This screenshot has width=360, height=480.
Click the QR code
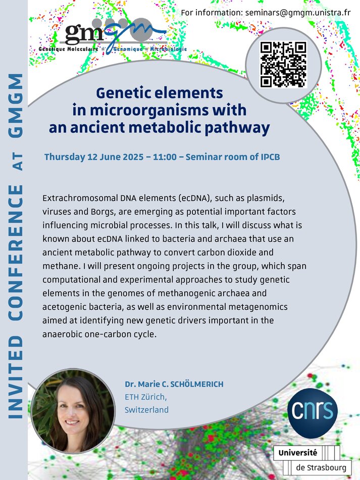pyautogui.click(x=283, y=65)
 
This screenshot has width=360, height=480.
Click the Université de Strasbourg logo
pyautogui.click(x=312, y=460)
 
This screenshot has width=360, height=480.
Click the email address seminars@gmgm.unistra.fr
pyautogui.click(x=298, y=13)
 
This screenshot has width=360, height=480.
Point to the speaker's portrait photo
pyautogui.click(x=73, y=411)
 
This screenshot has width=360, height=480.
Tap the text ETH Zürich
pyautogui.click(x=145, y=397)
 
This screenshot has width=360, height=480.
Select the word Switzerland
pyautogui.click(x=146, y=410)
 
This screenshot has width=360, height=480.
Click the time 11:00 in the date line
pyautogui.click(x=165, y=157)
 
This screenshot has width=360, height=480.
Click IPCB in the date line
pyautogui.click(x=270, y=157)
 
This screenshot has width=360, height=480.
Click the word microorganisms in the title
pyautogui.click(x=144, y=111)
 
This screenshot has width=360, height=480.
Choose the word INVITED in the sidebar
pyautogui.click(x=15, y=377)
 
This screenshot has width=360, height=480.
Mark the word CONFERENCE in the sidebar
pyautogui.click(x=15, y=253)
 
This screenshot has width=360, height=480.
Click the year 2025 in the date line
pyautogui.click(x=133, y=157)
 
